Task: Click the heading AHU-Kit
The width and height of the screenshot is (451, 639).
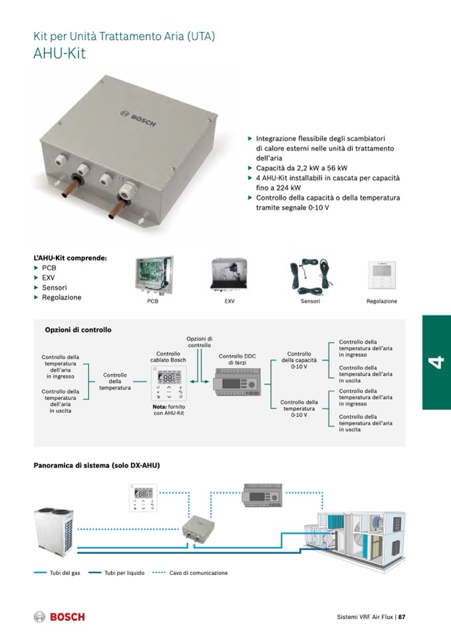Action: pos(59,53)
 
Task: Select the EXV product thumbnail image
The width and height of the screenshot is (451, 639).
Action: pos(229,275)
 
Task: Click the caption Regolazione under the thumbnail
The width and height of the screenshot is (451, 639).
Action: pos(381,301)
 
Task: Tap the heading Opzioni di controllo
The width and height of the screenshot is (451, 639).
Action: pos(78,330)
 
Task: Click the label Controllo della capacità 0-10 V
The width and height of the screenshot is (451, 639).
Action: pos(299,360)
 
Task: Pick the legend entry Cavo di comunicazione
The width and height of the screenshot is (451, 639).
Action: pos(198,573)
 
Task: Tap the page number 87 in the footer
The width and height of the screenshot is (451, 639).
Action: pos(402,617)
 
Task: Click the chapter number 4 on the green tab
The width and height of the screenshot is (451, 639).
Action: pos(436,362)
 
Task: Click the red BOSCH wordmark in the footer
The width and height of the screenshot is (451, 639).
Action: pos(67,617)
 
